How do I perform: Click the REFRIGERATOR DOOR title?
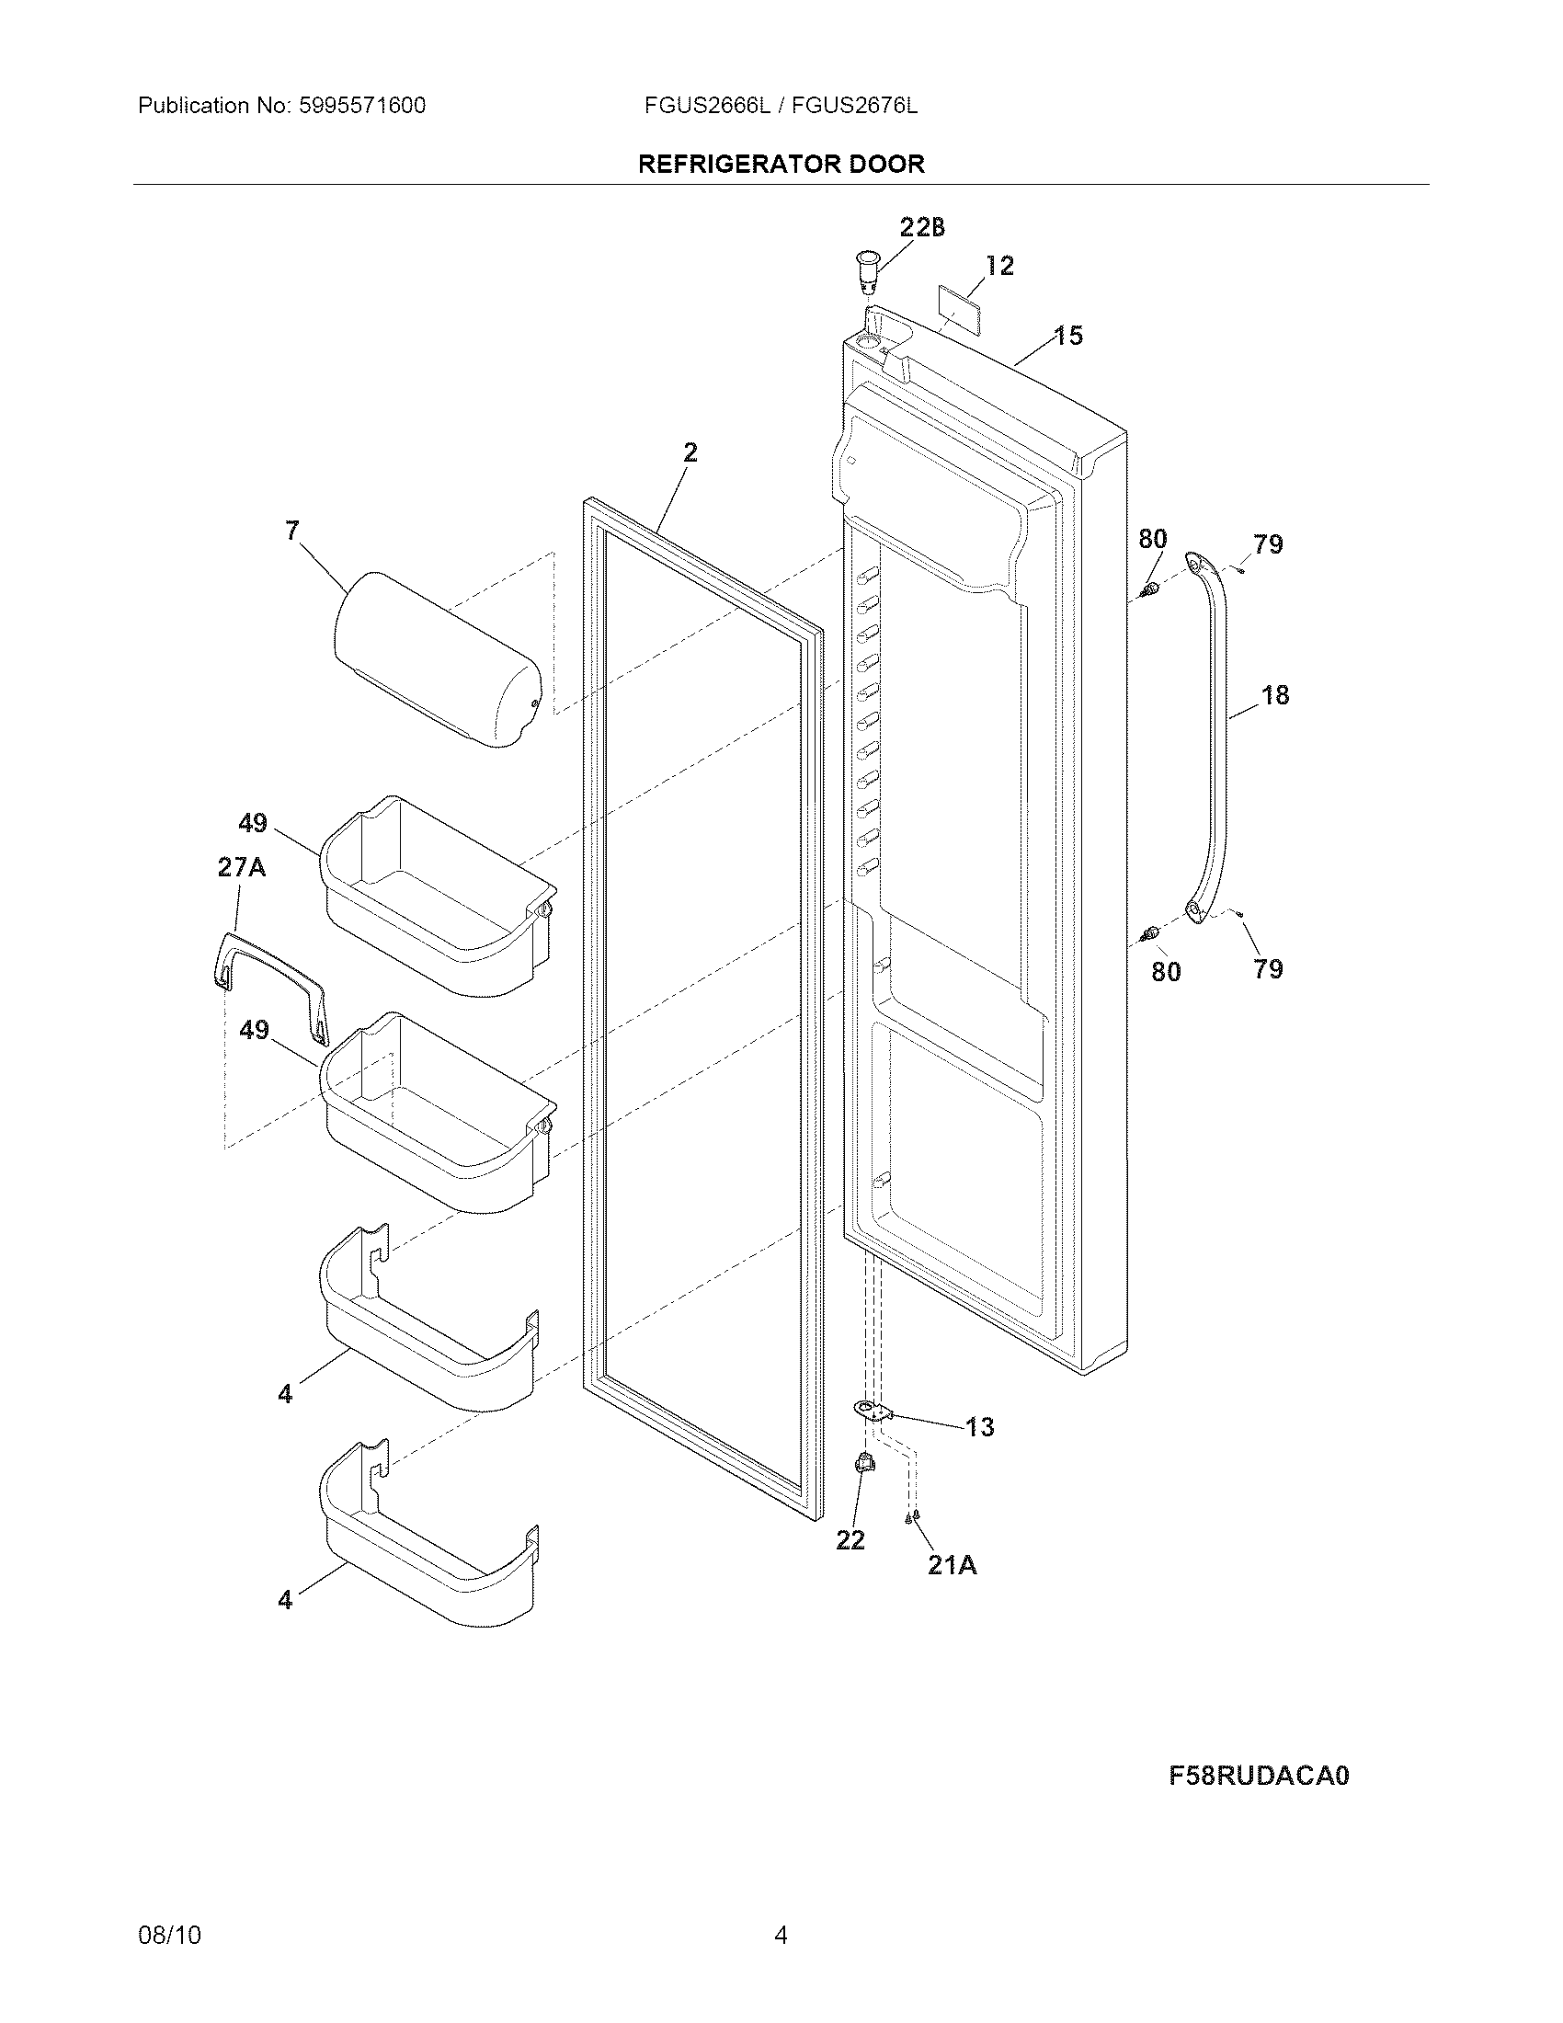[x=781, y=164]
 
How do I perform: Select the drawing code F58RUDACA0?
[x=1259, y=1776]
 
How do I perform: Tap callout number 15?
[x=1068, y=336]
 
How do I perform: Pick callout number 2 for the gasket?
[x=690, y=452]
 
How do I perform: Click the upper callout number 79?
[x=1268, y=543]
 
